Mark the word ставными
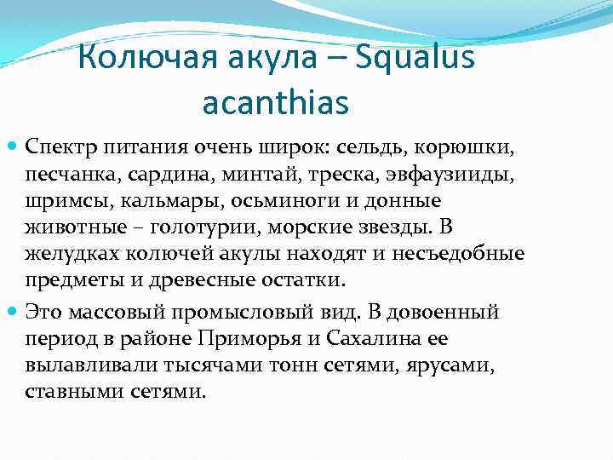pos(67,394)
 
